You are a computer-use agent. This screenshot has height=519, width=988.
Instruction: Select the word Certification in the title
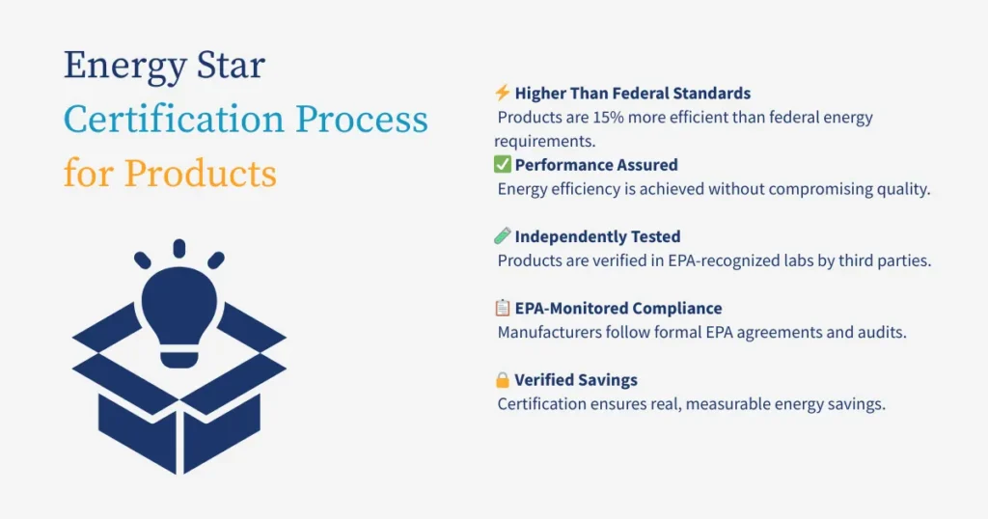(x=170, y=120)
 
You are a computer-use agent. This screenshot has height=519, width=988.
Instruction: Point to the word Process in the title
(x=361, y=120)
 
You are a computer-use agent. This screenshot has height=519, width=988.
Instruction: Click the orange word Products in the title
(x=201, y=174)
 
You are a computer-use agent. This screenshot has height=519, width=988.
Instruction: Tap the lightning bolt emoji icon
(x=502, y=94)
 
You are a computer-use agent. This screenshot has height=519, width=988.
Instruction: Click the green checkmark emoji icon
(x=502, y=165)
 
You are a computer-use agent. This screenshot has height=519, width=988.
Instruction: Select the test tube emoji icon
(x=502, y=236)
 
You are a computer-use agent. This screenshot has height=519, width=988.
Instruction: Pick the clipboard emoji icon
(x=502, y=308)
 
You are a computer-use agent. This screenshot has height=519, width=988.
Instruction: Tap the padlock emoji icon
(x=502, y=380)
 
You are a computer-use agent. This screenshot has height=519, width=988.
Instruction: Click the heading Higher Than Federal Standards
(x=632, y=94)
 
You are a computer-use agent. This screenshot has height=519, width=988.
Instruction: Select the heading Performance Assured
(x=596, y=165)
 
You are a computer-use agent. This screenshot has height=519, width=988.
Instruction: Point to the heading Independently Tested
(x=597, y=236)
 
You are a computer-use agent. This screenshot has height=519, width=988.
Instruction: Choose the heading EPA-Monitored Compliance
(x=617, y=309)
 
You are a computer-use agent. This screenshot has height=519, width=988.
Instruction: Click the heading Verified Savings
(x=576, y=380)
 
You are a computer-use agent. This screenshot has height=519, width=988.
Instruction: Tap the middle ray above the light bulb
(x=178, y=248)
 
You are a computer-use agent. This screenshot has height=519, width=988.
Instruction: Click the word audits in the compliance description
(x=883, y=332)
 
